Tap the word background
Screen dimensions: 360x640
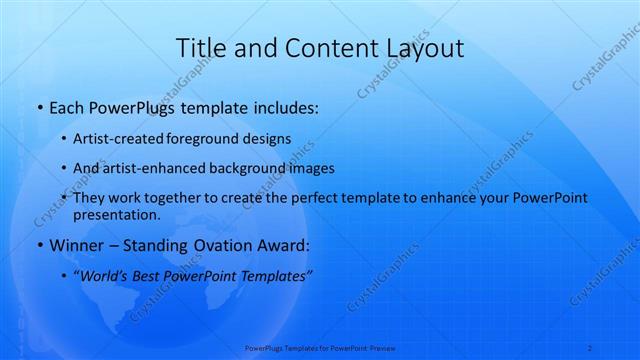254,169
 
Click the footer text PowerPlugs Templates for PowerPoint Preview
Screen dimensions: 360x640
320,348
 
